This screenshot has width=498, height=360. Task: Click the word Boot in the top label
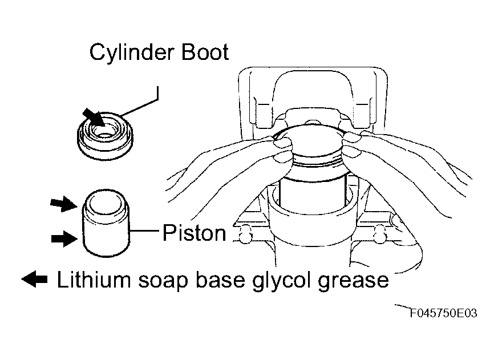coord(205,52)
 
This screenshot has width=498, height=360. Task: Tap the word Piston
coord(194,233)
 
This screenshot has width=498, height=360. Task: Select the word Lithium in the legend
coord(94,280)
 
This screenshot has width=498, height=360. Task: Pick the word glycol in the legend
coord(281,281)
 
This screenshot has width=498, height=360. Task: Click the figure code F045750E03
coord(444,313)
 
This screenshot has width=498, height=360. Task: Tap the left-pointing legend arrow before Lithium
coord(34,280)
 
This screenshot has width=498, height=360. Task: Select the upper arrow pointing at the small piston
coord(64,204)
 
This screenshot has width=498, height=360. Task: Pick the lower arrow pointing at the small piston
coord(64,239)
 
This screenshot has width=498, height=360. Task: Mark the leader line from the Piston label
coord(144,230)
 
